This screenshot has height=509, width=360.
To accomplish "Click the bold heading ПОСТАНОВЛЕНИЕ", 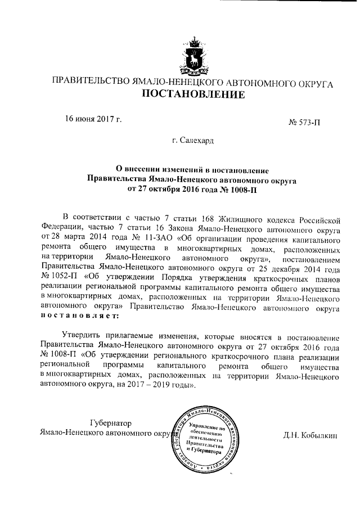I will pyautogui.click(x=193, y=94).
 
